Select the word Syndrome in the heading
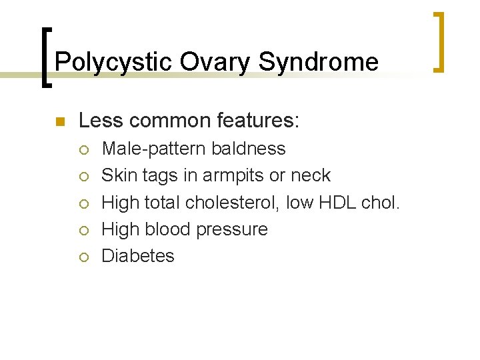(319, 63)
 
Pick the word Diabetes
(137, 256)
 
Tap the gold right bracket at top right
(439, 41)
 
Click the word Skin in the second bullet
(117, 176)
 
